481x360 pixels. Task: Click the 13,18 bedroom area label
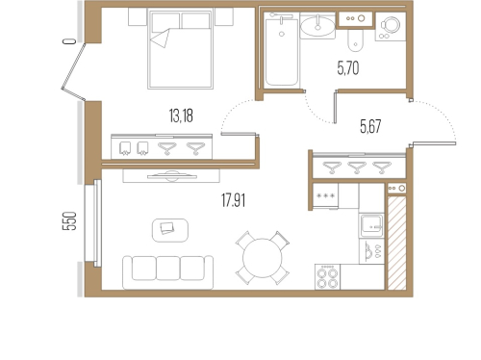tap(181, 116)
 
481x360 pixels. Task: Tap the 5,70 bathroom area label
tap(348, 68)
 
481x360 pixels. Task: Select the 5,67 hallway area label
tap(370, 126)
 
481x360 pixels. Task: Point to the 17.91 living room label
tap(233, 200)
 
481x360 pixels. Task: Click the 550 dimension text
tap(69, 220)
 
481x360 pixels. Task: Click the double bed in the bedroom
tap(180, 49)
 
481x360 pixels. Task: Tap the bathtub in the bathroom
tap(282, 50)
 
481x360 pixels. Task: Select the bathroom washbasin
tap(317, 26)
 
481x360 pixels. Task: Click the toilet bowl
tap(355, 40)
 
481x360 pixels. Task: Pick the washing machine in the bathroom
tap(391, 26)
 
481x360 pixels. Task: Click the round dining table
tap(263, 258)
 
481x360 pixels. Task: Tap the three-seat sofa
tap(167, 272)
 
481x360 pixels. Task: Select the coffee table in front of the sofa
tap(170, 230)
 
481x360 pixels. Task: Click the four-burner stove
tap(327, 277)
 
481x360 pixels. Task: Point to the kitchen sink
tap(371, 226)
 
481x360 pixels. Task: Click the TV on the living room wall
tap(172, 176)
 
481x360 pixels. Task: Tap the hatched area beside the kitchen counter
tap(397, 244)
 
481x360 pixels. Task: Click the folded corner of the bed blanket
tap(161, 38)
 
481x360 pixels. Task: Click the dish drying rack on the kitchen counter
tap(371, 251)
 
